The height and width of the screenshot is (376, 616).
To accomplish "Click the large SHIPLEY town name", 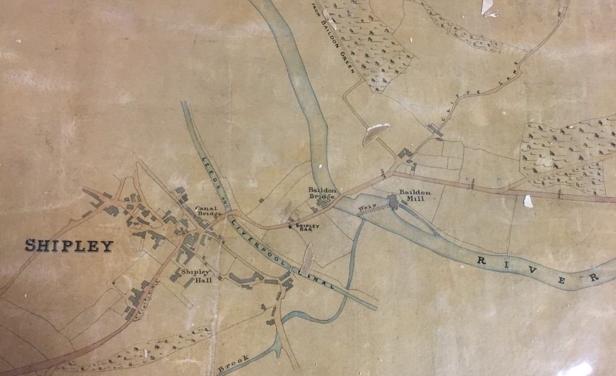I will tap(69, 245).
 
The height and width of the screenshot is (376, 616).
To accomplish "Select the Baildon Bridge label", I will tap(322, 192).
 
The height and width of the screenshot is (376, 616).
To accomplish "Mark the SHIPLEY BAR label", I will tap(306, 228).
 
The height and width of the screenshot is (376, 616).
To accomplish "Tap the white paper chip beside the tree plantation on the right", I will tap(528, 201).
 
